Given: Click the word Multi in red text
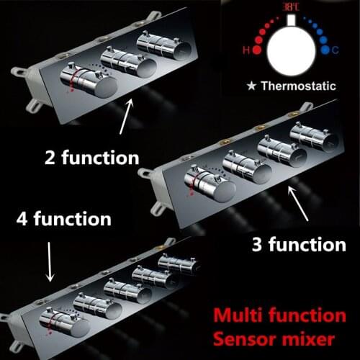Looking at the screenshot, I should pos(235,315).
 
